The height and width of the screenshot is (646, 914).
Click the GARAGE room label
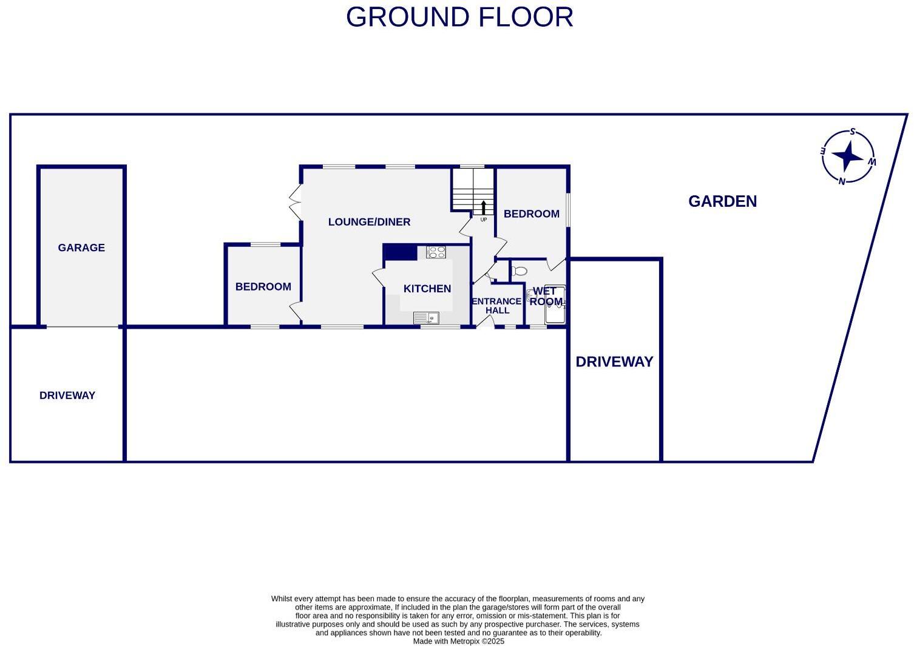click(81, 247)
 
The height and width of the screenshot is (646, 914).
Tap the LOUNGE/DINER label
click(369, 222)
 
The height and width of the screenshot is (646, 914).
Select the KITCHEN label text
click(427, 289)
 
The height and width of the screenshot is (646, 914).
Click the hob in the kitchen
click(436, 252)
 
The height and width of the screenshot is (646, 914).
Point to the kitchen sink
click(426, 318)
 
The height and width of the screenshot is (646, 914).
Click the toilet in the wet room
click(518, 271)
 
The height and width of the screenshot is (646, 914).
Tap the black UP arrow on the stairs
click(484, 207)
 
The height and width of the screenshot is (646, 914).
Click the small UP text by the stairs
click(484, 220)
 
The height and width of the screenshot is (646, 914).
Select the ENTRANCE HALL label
click(497, 306)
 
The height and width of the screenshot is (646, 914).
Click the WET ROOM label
click(546, 297)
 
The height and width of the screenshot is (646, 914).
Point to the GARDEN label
click(722, 201)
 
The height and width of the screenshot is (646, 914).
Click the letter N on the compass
click(842, 181)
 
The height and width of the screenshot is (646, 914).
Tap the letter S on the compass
click(853, 132)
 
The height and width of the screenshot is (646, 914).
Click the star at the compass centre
click(847, 156)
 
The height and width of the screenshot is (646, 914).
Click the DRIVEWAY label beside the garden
click(614, 362)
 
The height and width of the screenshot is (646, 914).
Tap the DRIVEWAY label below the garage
click(67, 395)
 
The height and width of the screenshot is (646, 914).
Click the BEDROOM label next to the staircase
click(531, 214)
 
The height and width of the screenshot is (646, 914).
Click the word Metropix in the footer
click(464, 641)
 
